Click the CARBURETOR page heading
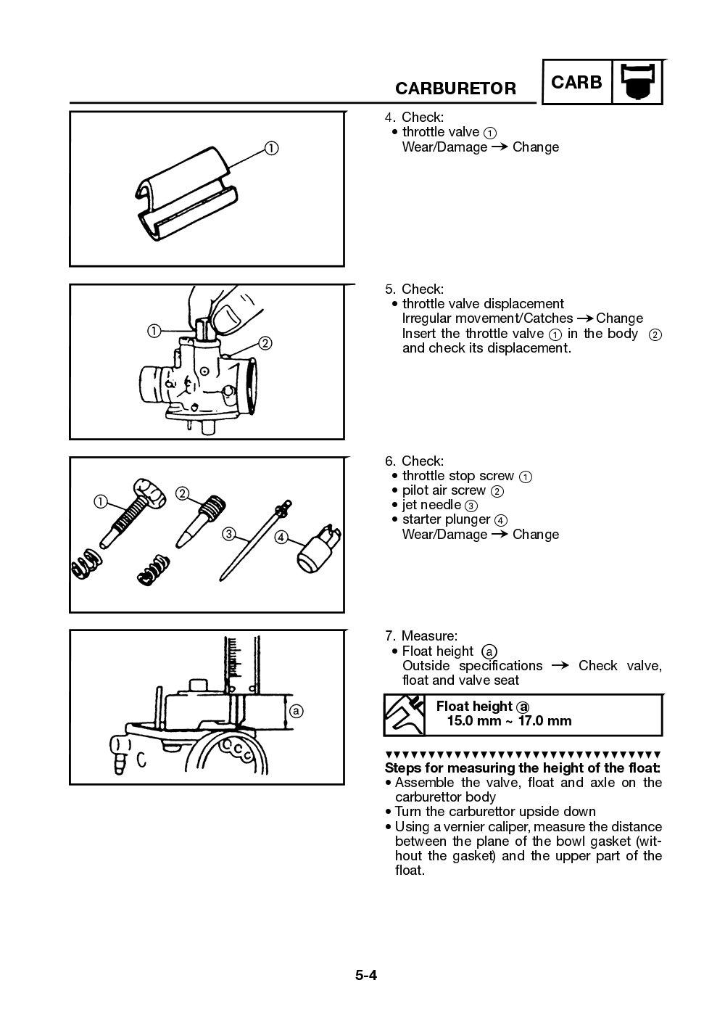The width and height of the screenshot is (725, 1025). click(x=455, y=88)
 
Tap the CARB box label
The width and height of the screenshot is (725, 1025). click(x=576, y=83)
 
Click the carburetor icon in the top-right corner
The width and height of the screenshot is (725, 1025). click(x=638, y=82)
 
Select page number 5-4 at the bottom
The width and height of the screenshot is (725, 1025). click(x=366, y=975)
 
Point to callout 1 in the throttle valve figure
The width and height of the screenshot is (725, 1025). click(x=270, y=148)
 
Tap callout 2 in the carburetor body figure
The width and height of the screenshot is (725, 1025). click(x=265, y=343)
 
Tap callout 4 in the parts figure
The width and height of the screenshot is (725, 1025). click(x=281, y=538)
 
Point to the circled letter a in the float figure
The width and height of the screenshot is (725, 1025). click(x=296, y=711)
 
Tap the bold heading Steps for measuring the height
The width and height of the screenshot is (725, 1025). click(x=522, y=767)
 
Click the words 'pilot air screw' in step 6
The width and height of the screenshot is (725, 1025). click(x=444, y=490)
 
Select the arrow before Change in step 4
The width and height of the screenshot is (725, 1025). click(x=500, y=147)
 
